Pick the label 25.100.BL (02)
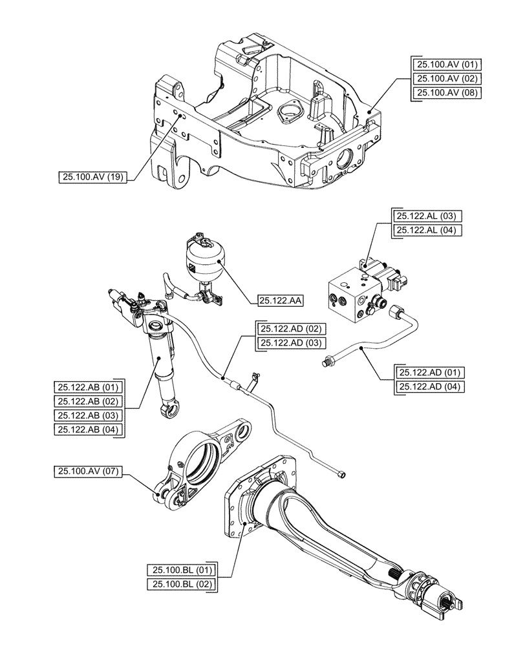[x=182, y=584]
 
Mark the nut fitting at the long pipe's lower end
[x=341, y=475]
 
